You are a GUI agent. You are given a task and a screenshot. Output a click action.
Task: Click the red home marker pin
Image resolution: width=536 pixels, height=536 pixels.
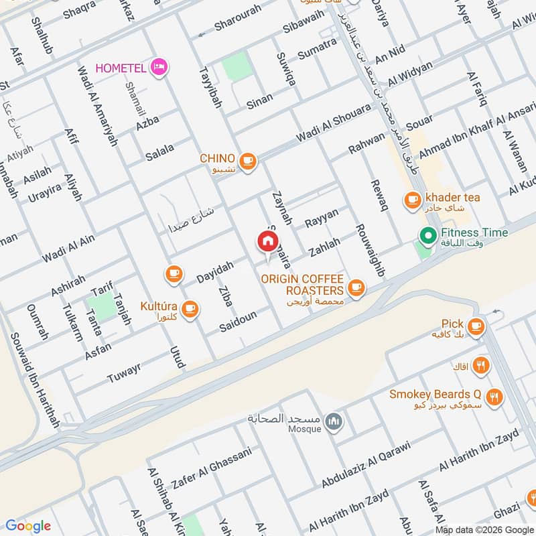point(267,241)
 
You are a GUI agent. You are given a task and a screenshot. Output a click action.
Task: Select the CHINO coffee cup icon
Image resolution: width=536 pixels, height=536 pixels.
point(248,160)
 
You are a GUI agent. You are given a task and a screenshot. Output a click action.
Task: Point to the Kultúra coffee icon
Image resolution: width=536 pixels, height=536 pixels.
point(191,308)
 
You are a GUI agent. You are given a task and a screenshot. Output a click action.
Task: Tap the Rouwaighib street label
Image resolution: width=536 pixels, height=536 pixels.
point(370,250)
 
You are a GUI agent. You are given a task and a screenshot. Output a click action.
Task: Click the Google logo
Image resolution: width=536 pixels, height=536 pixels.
point(27,525)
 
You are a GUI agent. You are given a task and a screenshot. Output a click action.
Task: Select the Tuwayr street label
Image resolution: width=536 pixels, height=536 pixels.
point(124,374)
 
